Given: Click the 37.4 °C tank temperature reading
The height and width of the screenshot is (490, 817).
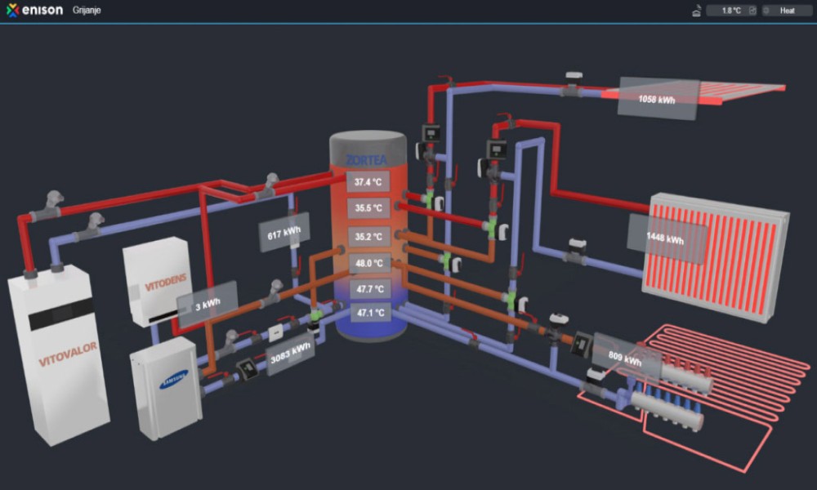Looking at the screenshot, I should tap(368, 181).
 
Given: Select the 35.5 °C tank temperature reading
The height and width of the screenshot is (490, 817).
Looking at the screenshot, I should tap(368, 208).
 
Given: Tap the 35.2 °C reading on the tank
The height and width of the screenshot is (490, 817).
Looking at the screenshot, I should tap(368, 237).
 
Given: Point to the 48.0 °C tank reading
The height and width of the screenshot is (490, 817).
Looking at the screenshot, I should tap(368, 264).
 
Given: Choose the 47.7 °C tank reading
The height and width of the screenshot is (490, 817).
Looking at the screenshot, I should tap(368, 289).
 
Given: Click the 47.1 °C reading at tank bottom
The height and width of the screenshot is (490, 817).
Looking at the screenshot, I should tap(368, 312).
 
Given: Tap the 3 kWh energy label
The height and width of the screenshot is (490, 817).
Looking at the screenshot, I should tap(207, 304).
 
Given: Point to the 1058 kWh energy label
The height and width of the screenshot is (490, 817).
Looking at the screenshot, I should tap(658, 98).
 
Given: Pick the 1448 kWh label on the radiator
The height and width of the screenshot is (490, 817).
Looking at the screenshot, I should tap(666, 239).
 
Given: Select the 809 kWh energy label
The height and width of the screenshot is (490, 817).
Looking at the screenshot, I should tap(625, 356).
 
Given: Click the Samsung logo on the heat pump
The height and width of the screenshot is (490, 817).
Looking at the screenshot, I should tap(173, 375).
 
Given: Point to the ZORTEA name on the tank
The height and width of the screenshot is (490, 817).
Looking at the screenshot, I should tap(368, 158).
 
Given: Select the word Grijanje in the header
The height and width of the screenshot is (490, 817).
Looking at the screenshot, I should tap(87, 11).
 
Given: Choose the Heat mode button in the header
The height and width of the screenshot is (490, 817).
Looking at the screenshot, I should tap(787, 11).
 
